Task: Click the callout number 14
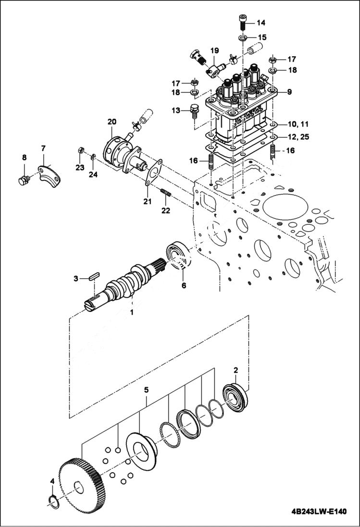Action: click(x=261, y=23)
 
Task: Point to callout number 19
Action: click(x=214, y=50)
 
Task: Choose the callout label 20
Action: click(x=112, y=122)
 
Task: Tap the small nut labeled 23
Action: click(x=81, y=152)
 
